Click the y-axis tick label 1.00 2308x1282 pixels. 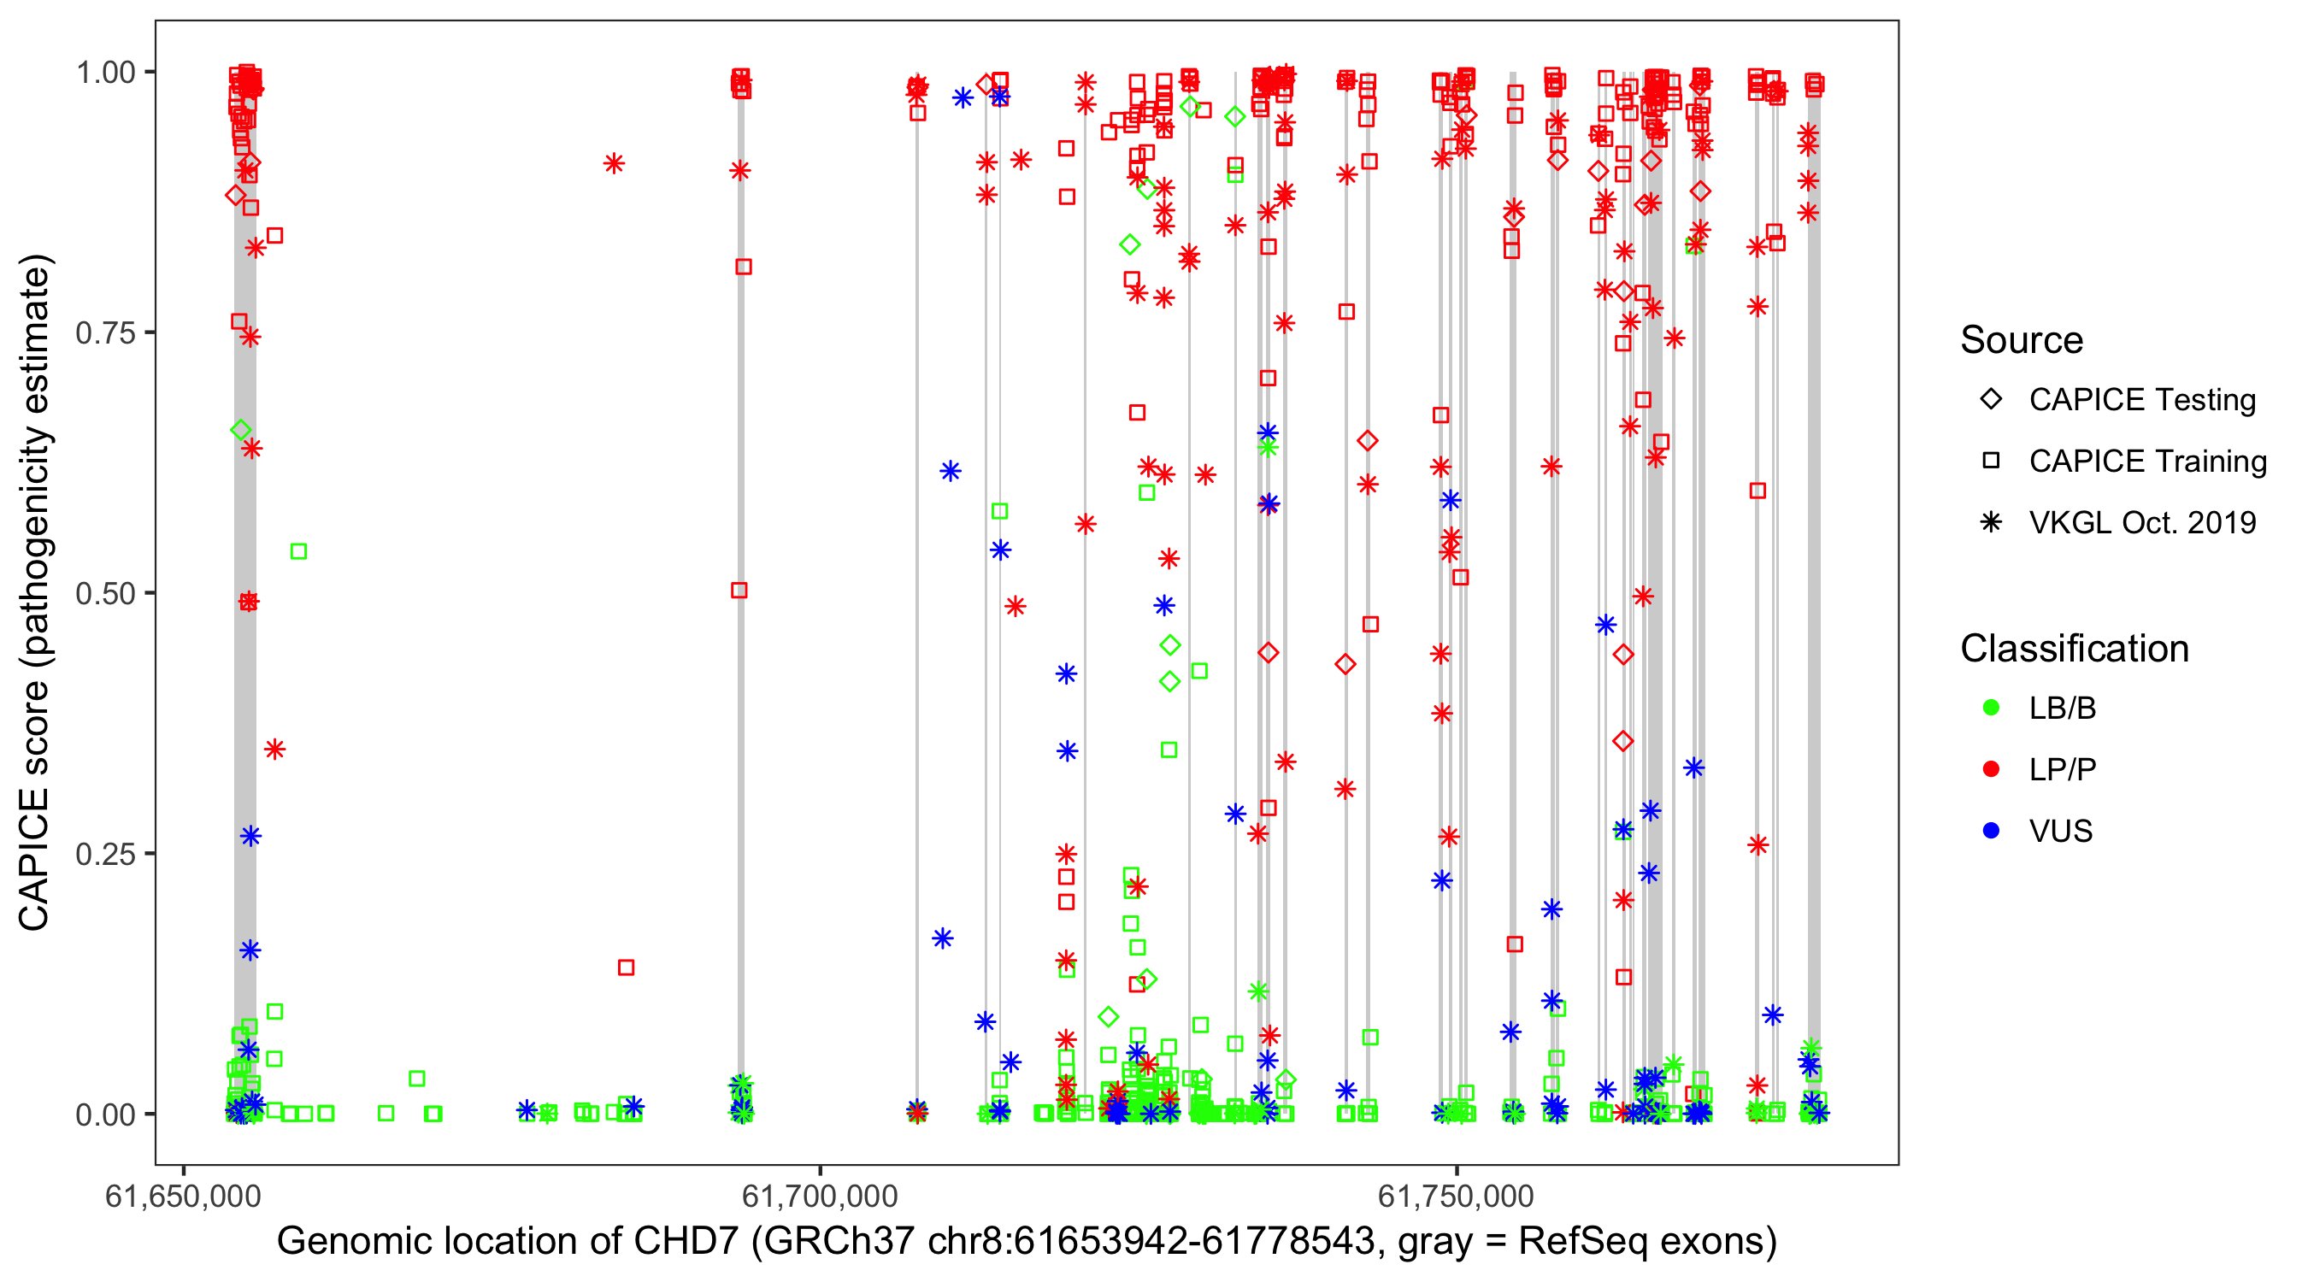point(105,73)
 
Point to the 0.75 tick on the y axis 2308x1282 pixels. point(105,333)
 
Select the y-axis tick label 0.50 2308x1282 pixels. point(105,593)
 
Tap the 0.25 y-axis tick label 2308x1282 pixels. point(105,854)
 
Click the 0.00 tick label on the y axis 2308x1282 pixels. point(105,1114)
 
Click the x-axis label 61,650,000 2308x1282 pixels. point(183,1196)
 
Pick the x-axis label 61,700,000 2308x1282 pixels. point(820,1196)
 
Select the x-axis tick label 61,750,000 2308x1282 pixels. point(1456,1196)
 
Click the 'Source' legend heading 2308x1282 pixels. point(2022,340)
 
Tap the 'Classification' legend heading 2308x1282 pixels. point(2074,649)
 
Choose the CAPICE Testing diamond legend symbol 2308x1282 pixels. point(1991,400)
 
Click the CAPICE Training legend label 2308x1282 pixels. point(2147,462)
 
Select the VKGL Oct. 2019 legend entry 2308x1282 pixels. point(2141,522)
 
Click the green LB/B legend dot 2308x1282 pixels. point(1991,709)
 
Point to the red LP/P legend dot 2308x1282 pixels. point(1991,769)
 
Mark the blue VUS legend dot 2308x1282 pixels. point(1991,832)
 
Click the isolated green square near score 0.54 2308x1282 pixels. point(299,552)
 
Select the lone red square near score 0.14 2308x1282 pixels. point(627,967)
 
